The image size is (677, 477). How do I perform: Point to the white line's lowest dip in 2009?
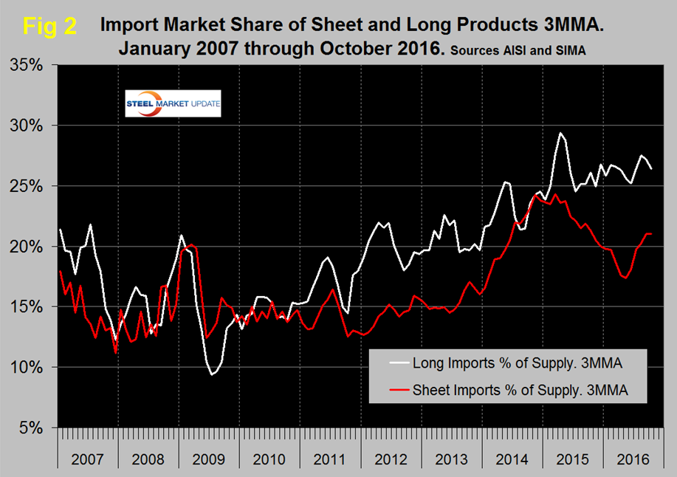click(213, 374)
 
